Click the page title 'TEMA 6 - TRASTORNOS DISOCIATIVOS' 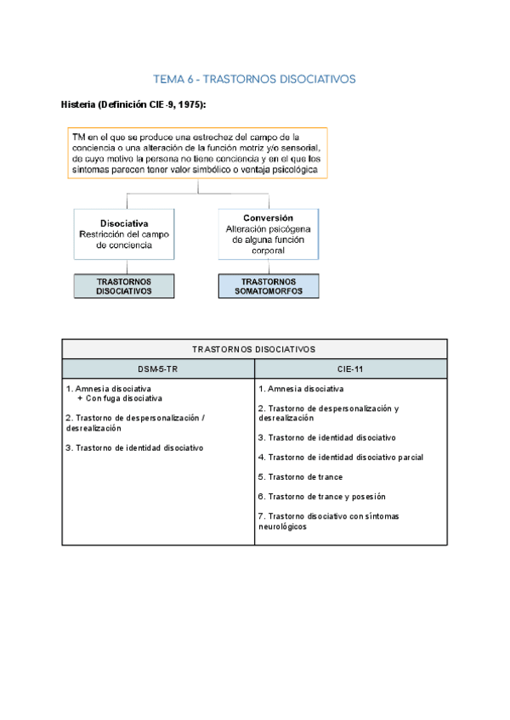[x=254, y=79]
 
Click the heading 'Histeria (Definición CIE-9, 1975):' [x=133, y=104]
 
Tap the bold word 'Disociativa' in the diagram [x=125, y=223]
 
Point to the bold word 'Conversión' [x=268, y=217]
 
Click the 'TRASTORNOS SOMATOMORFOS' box [x=268, y=285]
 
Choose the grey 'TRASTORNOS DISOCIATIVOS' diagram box [x=124, y=285]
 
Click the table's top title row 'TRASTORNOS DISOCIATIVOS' [x=254, y=349]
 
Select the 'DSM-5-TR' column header [x=158, y=368]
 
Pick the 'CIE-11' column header [x=350, y=368]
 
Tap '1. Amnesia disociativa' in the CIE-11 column [x=301, y=389]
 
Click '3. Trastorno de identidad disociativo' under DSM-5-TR [x=134, y=447]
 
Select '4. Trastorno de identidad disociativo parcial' [x=341, y=457]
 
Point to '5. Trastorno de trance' [x=301, y=477]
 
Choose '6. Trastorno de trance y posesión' [x=321, y=497]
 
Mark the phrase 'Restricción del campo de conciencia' [x=125, y=239]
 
